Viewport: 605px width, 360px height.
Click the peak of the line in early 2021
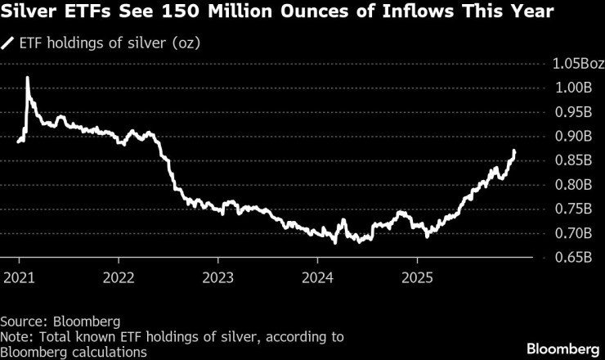tap(27, 78)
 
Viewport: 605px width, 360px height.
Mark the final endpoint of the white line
tap(514, 151)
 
